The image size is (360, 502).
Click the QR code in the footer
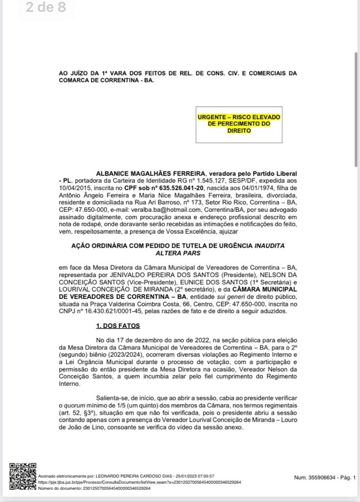(x=23, y=476)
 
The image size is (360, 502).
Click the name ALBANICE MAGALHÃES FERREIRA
(x=150, y=174)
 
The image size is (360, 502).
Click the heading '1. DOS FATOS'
(x=118, y=326)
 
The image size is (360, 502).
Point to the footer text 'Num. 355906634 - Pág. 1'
(x=325, y=477)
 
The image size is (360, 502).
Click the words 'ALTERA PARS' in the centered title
(x=178, y=253)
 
